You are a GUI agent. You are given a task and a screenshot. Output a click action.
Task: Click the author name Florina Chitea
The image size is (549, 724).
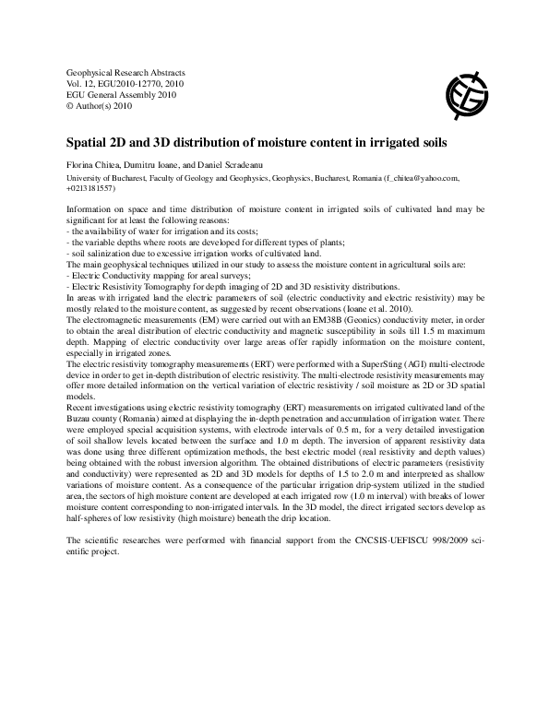[x=95, y=164]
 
